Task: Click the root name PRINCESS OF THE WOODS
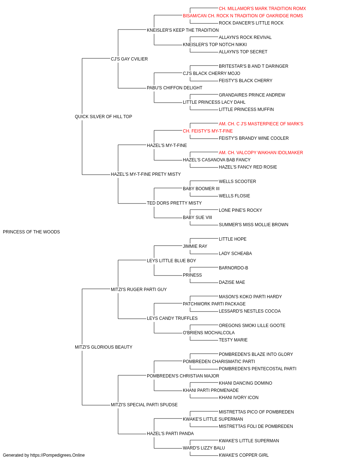point(31,232)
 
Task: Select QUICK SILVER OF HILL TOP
point(103,117)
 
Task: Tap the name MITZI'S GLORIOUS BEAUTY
point(103,347)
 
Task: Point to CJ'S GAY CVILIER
point(129,59)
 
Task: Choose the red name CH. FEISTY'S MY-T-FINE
point(208,131)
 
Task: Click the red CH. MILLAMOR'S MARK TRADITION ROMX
point(262,9)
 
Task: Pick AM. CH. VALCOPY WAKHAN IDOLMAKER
point(261,153)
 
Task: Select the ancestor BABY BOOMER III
point(201,189)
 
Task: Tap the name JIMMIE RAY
point(195,246)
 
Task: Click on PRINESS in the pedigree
point(192,275)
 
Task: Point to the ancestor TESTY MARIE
point(233,340)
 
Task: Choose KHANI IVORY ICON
point(239,398)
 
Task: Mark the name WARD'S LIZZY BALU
point(204,448)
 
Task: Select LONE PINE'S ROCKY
point(240,210)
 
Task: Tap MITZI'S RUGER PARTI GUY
point(139,290)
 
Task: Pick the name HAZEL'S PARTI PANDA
point(170,434)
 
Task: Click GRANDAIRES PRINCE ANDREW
point(252,95)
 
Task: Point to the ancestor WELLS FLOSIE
point(234,196)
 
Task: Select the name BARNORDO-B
point(233,268)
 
